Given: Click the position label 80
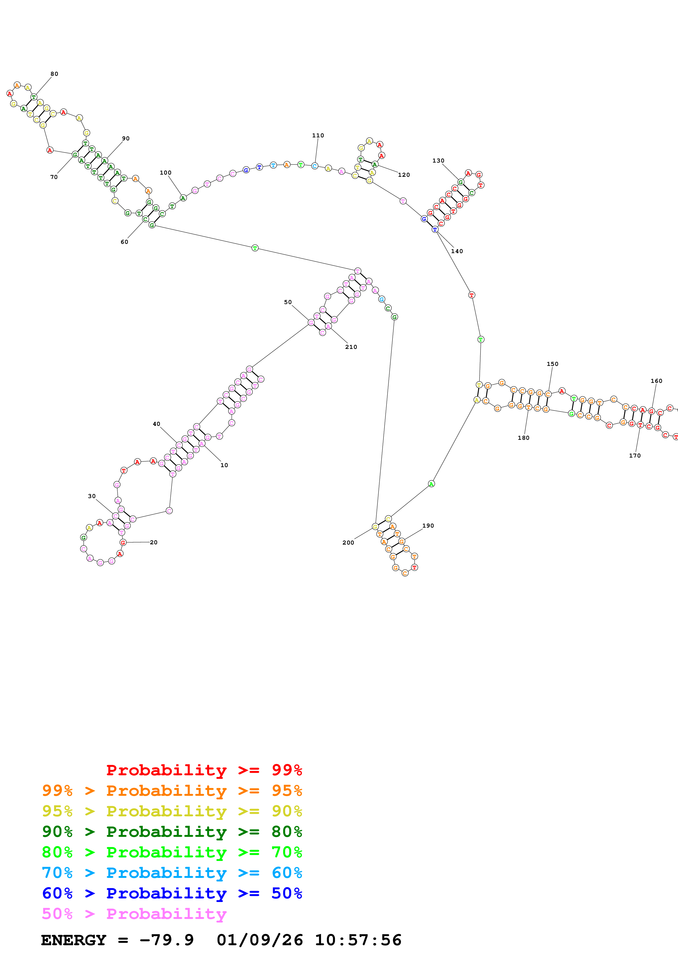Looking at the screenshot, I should click(x=54, y=74).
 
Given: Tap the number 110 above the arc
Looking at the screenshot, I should click(x=318, y=135).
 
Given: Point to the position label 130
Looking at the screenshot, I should click(x=438, y=161).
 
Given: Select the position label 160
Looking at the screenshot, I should click(x=656, y=381).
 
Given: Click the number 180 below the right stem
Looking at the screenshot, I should click(x=523, y=438).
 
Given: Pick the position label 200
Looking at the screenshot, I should click(x=348, y=543).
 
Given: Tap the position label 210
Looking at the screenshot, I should click(x=351, y=347).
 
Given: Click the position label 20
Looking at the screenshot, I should click(x=154, y=542).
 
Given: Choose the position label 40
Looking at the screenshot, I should click(x=156, y=424).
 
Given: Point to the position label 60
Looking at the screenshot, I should click(x=124, y=242).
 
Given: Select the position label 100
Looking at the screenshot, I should click(x=165, y=173).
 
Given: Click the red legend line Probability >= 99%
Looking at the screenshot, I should click(x=204, y=770).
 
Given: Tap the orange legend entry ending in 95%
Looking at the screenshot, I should click(x=172, y=791).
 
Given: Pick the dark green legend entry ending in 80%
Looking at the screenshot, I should click(x=172, y=832).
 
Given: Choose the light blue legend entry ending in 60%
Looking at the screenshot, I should click(x=172, y=873).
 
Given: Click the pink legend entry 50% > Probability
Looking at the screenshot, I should click(x=134, y=913).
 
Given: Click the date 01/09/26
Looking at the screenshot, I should click(x=260, y=940).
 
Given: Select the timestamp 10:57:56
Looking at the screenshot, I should click(x=358, y=940).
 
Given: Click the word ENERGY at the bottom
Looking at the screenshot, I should click(x=74, y=940).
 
